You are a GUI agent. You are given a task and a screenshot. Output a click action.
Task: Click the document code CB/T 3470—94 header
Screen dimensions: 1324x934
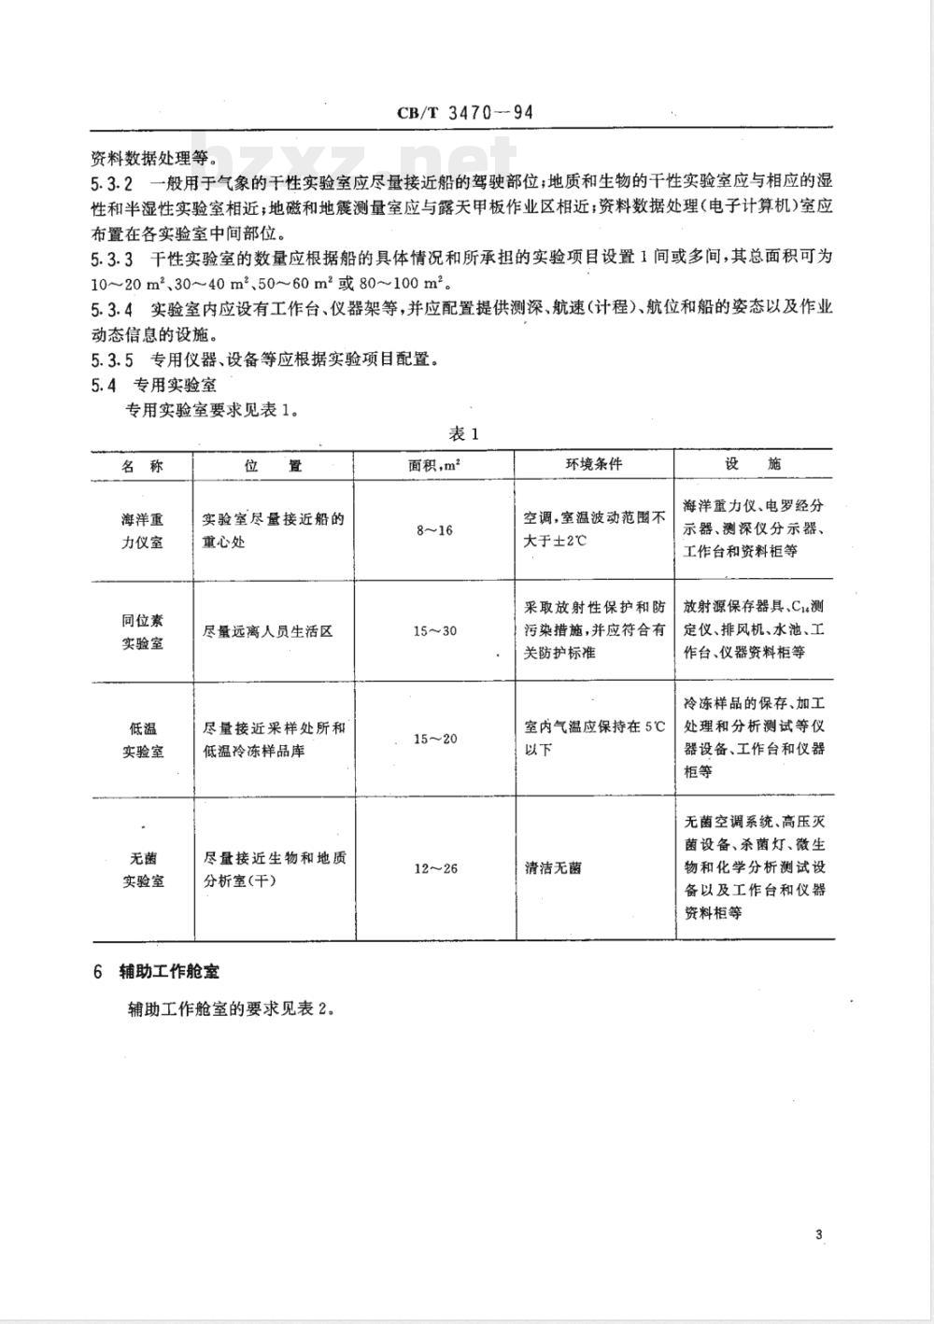point(464,114)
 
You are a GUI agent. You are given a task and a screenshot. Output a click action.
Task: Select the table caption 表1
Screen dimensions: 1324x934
point(463,433)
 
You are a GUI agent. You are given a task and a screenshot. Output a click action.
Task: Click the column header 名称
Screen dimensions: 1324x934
point(142,465)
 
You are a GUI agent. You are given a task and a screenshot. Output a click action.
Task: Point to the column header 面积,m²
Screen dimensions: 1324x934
point(434,465)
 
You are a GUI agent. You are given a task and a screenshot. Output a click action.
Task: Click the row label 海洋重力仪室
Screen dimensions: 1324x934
point(142,529)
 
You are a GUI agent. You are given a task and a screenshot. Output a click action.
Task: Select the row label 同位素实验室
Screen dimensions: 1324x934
point(142,631)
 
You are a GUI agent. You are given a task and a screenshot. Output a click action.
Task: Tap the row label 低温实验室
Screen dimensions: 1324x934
point(142,739)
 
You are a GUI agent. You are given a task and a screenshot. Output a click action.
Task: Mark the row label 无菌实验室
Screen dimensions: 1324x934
point(142,867)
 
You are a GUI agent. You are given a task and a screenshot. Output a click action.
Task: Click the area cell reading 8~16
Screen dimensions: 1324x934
point(434,530)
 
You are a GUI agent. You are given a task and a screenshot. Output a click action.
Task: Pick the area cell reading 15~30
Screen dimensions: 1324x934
point(435,631)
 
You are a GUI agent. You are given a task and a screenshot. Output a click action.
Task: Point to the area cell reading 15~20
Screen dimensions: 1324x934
point(435,739)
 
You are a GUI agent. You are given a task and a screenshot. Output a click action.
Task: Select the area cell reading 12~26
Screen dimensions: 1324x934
point(435,868)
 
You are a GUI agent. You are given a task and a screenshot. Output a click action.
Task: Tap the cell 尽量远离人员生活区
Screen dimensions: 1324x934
point(267,631)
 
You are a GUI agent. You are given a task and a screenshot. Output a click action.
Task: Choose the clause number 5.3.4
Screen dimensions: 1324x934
point(112,309)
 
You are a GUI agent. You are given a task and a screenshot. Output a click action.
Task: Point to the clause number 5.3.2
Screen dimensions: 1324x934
point(112,182)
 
